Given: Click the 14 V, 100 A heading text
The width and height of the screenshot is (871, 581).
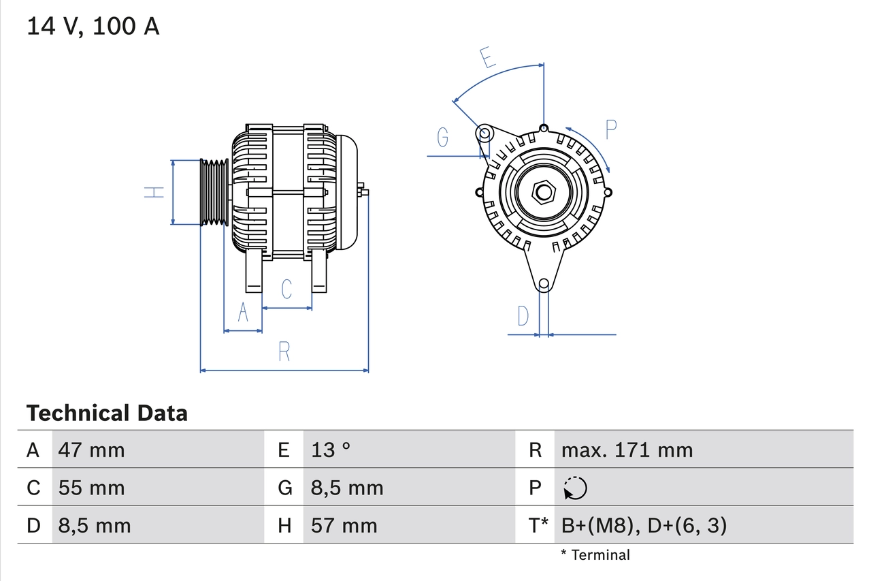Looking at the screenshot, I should coord(93,26).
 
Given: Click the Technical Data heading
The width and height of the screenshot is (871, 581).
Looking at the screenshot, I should coord(107,413).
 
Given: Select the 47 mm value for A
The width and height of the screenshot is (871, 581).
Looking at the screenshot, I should coord(91,450).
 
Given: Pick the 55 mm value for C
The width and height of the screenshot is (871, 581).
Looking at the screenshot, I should coord(91,488).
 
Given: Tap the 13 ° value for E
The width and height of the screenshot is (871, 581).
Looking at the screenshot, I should coord(331,450).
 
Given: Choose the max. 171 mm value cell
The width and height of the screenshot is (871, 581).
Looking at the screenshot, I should coord(627,450).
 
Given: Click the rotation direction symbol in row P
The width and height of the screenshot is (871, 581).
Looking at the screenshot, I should coord(575,488).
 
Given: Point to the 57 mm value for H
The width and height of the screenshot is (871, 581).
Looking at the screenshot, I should coord(344,525).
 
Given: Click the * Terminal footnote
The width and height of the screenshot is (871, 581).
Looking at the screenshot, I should coord(595,554).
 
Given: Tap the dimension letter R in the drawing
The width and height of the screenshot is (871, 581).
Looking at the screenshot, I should coord(284,351).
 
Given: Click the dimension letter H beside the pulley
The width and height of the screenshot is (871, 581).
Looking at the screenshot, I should coord(155,192).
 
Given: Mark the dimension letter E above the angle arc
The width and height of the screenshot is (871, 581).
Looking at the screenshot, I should coord(487,59).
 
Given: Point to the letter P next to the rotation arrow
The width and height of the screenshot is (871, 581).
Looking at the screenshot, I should coord(610,129).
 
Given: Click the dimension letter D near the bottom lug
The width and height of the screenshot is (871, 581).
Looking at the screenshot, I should coord(523,316).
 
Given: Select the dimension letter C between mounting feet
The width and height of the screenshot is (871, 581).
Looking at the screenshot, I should coord(286,289).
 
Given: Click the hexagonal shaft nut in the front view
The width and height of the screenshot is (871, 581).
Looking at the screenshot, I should coord(543,192).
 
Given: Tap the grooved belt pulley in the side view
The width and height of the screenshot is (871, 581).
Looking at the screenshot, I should coord(214,192).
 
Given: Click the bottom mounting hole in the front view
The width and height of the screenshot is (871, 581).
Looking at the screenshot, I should coord(543,284).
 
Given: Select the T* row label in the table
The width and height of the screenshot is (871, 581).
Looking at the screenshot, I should coord(539,525).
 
